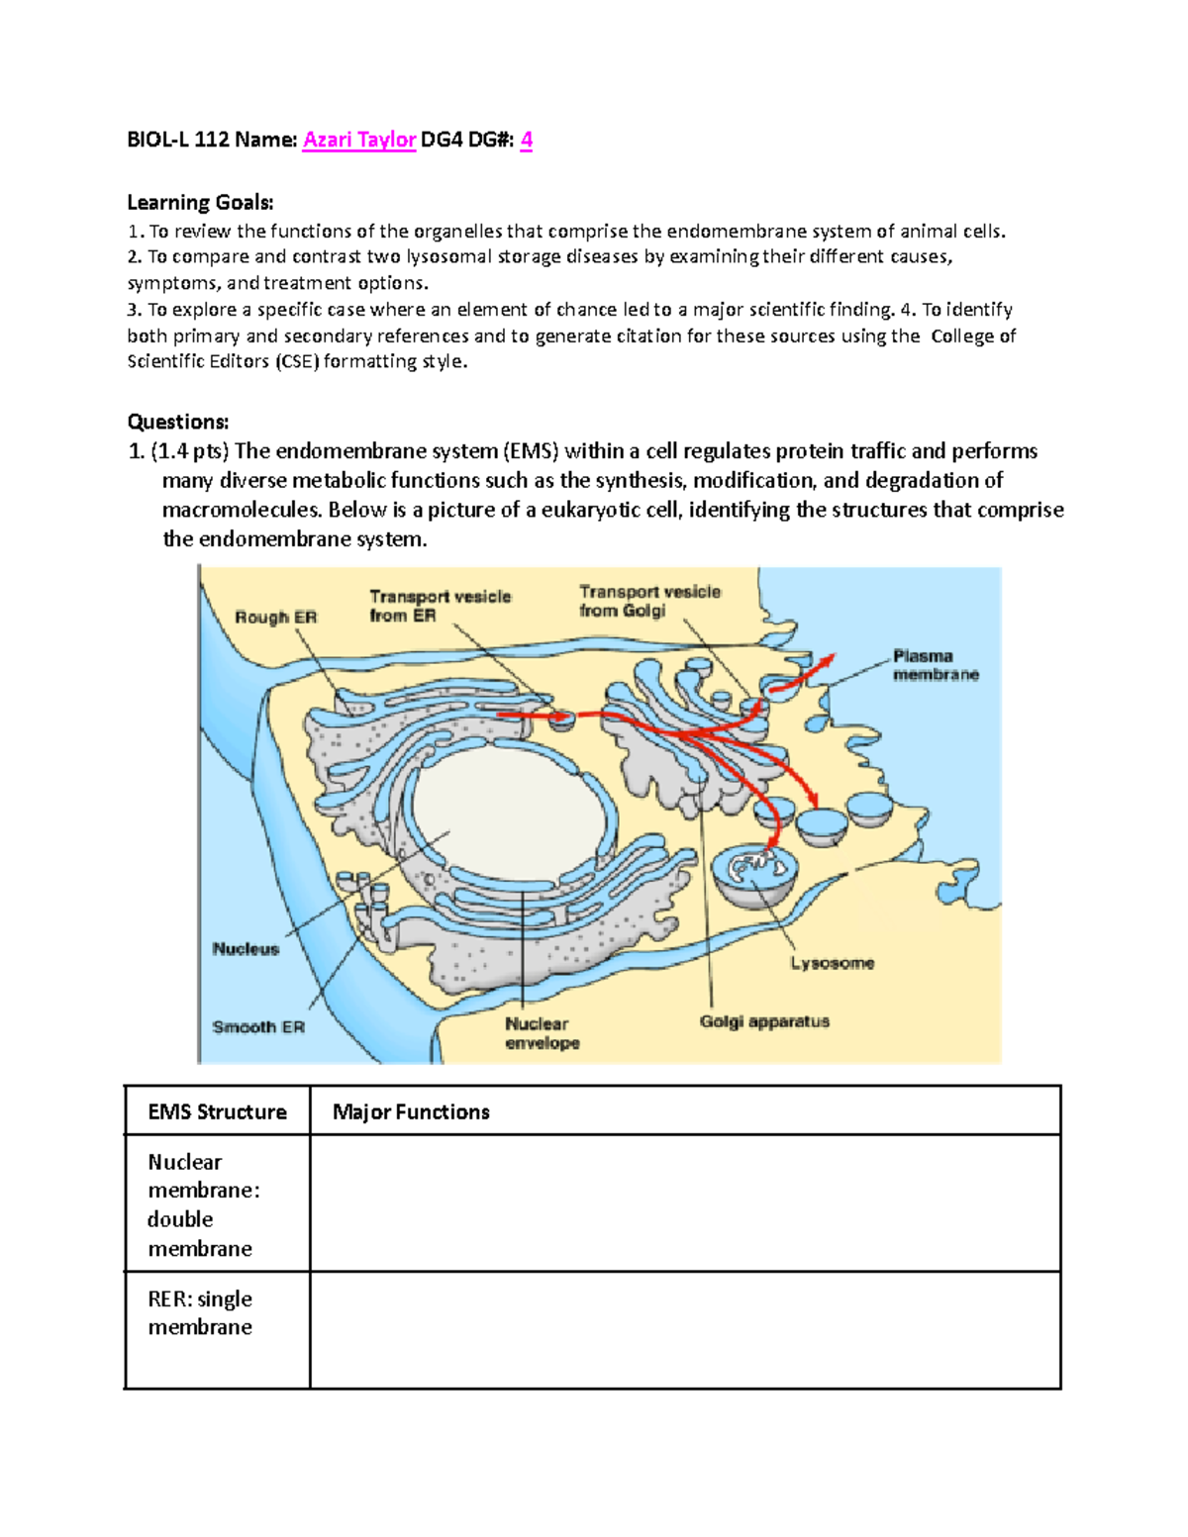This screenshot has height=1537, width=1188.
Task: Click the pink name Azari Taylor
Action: click(x=358, y=140)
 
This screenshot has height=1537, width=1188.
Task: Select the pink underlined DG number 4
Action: click(x=526, y=140)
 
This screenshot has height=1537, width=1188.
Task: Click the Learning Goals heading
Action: click(x=200, y=203)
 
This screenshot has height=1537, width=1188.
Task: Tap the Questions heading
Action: click(x=178, y=422)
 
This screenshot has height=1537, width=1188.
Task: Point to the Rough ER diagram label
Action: click(x=275, y=618)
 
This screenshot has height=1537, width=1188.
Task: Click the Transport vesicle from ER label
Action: click(x=440, y=606)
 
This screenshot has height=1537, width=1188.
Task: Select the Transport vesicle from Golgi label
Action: click(x=649, y=601)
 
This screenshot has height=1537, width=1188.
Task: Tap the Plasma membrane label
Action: click(x=935, y=665)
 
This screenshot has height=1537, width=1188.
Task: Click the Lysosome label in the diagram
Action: click(x=832, y=963)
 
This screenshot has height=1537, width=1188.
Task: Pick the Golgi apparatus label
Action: click(x=764, y=1021)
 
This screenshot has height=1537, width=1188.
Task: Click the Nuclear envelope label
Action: click(x=542, y=1033)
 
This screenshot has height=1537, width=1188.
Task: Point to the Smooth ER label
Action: click(x=258, y=1027)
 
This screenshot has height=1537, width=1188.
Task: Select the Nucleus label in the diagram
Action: click(x=246, y=949)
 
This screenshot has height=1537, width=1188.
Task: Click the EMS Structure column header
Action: click(x=217, y=1111)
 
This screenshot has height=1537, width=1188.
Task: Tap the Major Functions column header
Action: click(x=411, y=1111)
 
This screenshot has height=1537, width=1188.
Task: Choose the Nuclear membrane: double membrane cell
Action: click(x=217, y=1204)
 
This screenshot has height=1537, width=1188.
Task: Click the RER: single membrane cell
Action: click(x=217, y=1313)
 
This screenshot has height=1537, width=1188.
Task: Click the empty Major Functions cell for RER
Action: click(x=684, y=1329)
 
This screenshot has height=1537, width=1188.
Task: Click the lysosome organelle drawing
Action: click(x=754, y=873)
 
